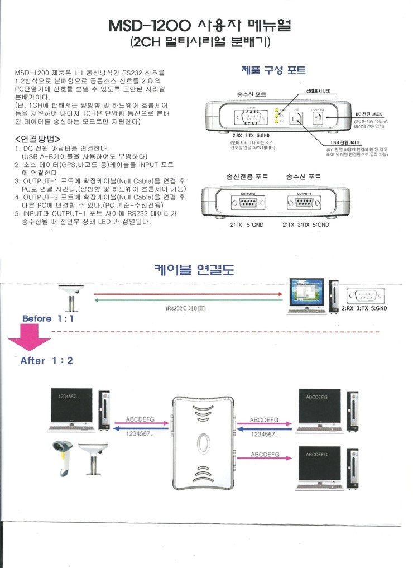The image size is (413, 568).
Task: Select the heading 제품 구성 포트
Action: tap(273, 71)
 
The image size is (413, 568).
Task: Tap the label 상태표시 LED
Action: tap(318, 90)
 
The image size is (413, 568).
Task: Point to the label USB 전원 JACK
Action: tap(346, 143)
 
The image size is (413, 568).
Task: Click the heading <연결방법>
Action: tap(38, 139)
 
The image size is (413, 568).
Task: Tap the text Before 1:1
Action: tap(48, 318)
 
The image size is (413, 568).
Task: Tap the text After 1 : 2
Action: tap(47, 361)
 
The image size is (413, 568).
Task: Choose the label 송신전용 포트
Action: tap(247, 176)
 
